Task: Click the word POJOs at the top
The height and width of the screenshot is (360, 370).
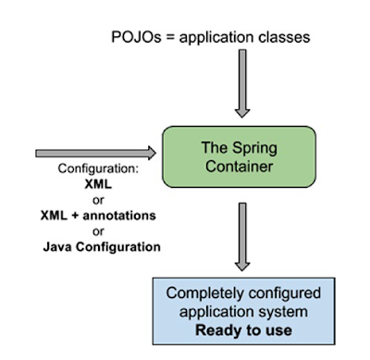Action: tap(131, 38)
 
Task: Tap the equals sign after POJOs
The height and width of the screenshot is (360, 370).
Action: tap(165, 38)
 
